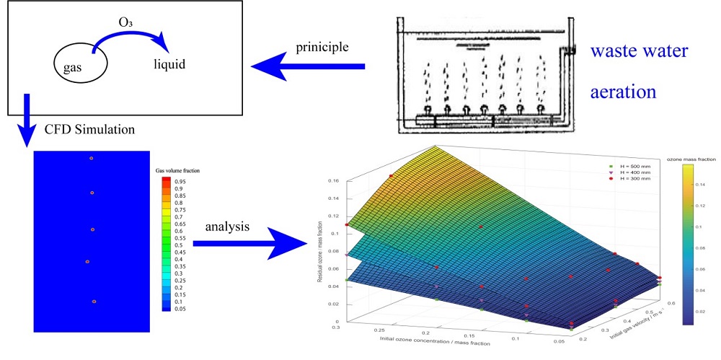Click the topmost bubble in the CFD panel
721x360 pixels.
(91, 158)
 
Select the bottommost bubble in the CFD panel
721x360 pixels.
(94, 301)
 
